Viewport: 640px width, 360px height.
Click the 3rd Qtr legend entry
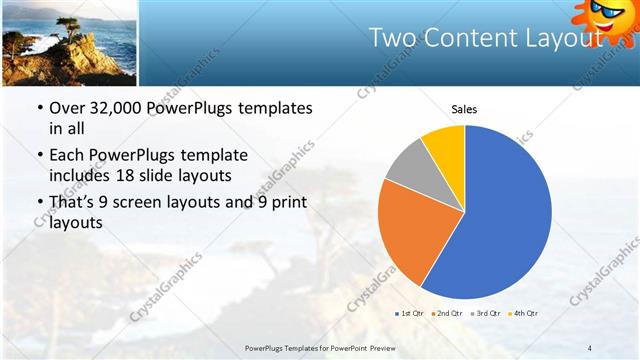pyautogui.click(x=486, y=314)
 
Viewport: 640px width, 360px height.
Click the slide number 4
pyautogui.click(x=590, y=346)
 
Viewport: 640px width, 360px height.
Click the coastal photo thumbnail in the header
pyautogui.click(x=68, y=43)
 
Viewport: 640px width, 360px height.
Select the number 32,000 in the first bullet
pyautogui.click(x=119, y=108)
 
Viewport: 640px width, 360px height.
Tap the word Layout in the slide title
pyautogui.click(x=564, y=39)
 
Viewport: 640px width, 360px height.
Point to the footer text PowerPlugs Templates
pyautogui.click(x=291, y=346)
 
